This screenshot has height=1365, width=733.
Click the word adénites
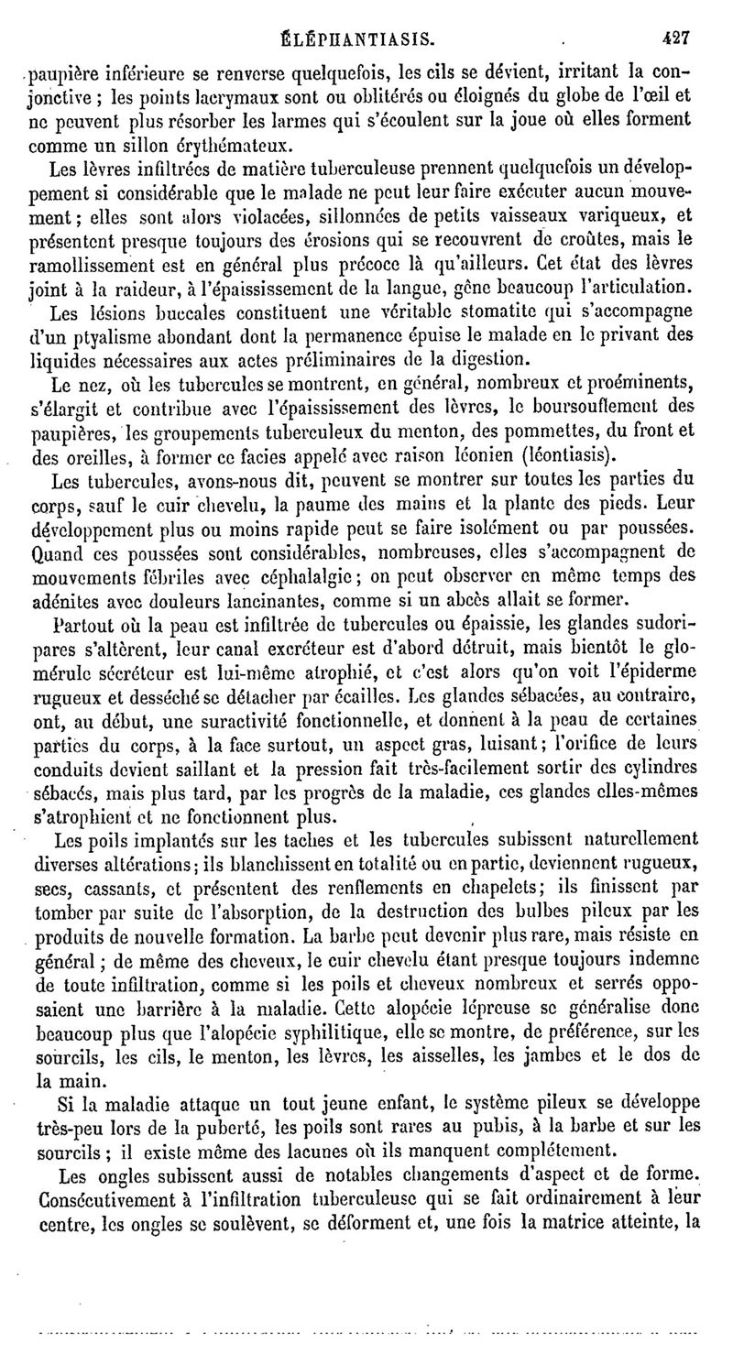point(67,602)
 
